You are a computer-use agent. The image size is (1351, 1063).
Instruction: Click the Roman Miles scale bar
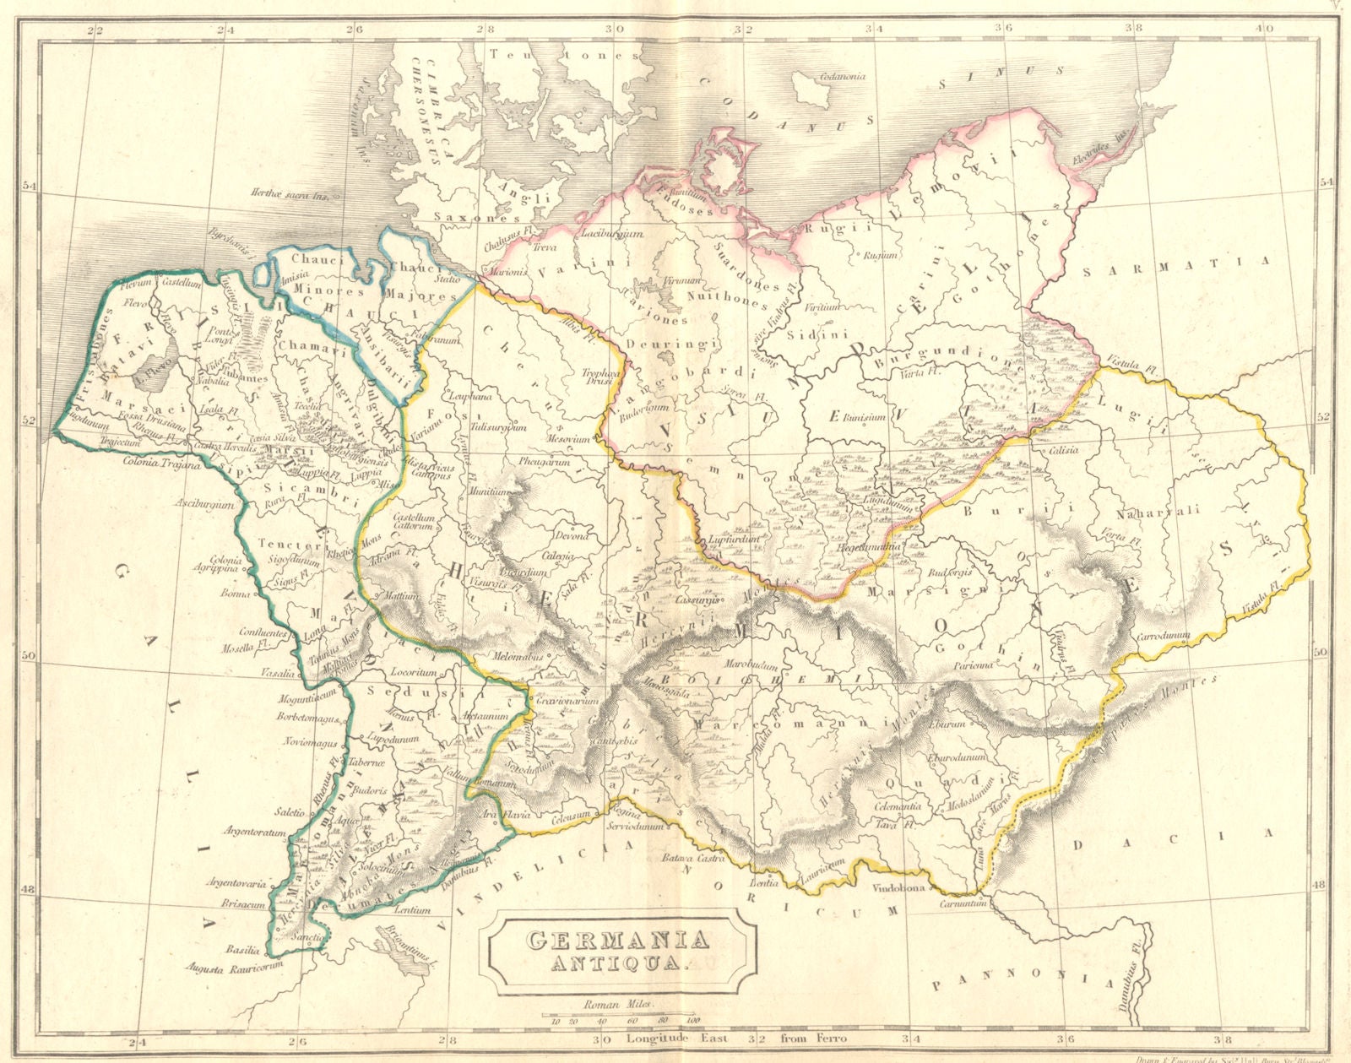tap(616, 1014)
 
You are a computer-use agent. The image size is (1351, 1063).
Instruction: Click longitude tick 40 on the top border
tap(1263, 28)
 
